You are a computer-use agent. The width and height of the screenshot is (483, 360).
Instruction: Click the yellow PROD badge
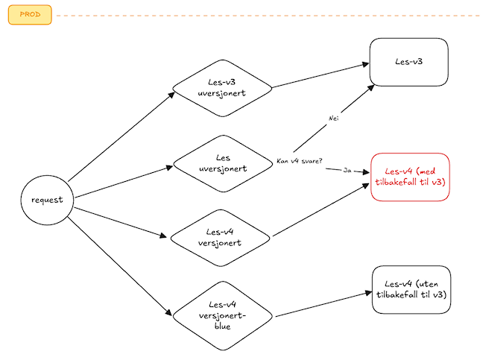(x=30, y=14)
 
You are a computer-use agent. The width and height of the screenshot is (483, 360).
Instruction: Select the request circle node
(x=47, y=200)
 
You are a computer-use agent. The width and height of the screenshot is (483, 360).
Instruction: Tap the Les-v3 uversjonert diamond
(x=222, y=88)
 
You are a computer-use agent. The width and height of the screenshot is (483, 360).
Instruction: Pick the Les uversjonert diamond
(x=223, y=163)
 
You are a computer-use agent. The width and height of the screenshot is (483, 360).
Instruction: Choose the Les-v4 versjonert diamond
(x=220, y=238)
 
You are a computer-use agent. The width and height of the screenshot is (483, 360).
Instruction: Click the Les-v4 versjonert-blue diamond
(x=223, y=316)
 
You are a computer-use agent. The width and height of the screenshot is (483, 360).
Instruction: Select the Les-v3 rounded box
(x=408, y=62)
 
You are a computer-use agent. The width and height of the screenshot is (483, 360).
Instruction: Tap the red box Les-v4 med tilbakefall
(x=410, y=177)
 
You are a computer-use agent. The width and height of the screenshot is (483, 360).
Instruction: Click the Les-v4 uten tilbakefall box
(x=411, y=289)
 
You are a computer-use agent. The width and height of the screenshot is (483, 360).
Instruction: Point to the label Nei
(x=334, y=119)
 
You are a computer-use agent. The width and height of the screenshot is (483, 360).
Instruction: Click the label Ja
(x=347, y=170)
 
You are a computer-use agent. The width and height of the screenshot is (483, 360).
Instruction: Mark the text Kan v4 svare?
(x=300, y=161)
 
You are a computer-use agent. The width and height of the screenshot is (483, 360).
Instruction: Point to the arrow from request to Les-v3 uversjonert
(x=121, y=136)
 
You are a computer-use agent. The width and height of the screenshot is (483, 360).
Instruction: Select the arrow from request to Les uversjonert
(x=124, y=182)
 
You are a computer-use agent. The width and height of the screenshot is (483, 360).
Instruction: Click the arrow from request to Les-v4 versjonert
(x=121, y=222)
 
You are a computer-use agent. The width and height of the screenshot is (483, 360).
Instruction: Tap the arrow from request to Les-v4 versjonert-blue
(x=119, y=266)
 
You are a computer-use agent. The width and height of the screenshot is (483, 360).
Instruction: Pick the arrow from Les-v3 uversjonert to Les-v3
(x=321, y=75)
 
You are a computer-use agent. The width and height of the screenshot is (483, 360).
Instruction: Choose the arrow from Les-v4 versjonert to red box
(x=321, y=209)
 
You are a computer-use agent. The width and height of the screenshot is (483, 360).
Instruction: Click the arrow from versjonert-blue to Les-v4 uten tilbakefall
(x=323, y=304)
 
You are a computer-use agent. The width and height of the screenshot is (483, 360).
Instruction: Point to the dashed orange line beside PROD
(x=268, y=16)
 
